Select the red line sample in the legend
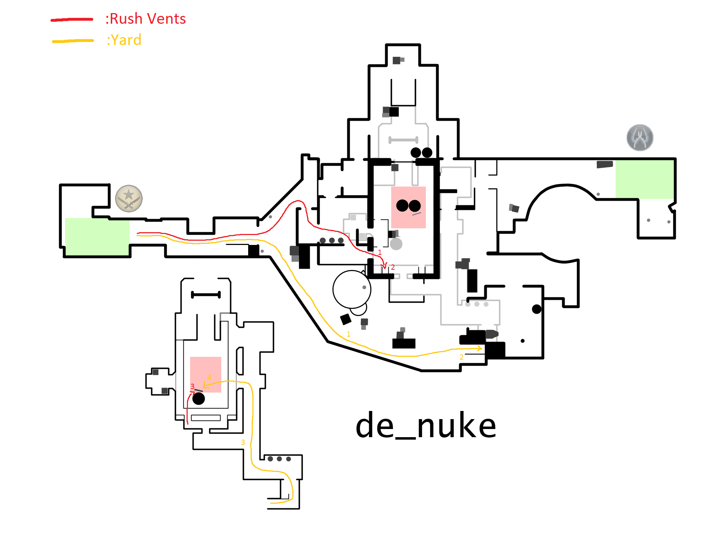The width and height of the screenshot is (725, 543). pos(72,19)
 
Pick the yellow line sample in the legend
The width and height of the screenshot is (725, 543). pos(73,41)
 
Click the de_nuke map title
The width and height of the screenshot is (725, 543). pos(426,426)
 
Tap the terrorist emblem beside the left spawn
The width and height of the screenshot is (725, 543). pos(129,198)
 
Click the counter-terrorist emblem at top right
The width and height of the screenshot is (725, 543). pos(640,137)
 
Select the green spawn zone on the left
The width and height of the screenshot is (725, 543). pos(97,236)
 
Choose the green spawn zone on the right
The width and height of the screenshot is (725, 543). pos(644,179)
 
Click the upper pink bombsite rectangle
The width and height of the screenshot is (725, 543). pos(408,207)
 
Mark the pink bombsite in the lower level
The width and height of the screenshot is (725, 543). pos(206,374)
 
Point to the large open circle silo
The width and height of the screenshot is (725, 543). pos(352,289)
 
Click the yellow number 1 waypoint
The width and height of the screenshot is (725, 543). pos(349,334)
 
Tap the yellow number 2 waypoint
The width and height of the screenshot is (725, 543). pos(461,357)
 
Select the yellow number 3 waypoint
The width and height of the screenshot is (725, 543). pos(243,442)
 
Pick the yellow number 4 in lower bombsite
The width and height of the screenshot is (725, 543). pos(209,377)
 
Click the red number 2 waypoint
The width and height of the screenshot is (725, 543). pos(393,267)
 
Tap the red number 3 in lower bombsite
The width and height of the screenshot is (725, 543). pos(192,386)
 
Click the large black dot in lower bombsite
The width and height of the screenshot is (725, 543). pos(199,399)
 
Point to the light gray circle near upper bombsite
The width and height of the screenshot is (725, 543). pos(396,244)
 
